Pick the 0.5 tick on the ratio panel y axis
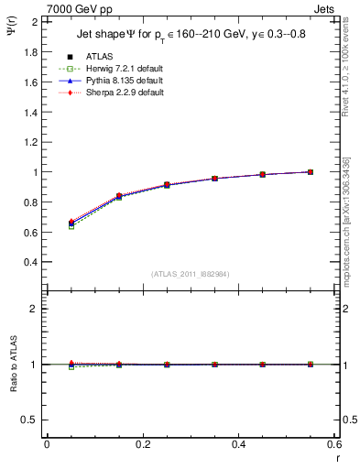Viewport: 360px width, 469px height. click(x=31, y=420)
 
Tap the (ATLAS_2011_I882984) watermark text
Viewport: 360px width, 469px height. click(x=191, y=274)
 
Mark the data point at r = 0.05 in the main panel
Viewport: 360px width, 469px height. click(x=71, y=224)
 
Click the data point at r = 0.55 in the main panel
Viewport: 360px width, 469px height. click(x=310, y=171)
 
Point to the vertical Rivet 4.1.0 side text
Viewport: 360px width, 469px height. click(x=350, y=64)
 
